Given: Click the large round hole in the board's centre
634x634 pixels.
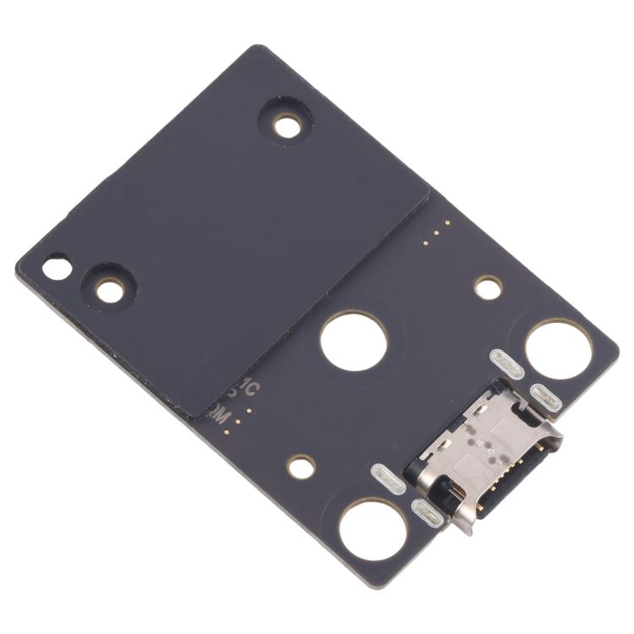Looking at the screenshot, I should pyautogui.click(x=354, y=341).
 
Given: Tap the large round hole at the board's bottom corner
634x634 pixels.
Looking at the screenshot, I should pyautogui.click(x=373, y=529).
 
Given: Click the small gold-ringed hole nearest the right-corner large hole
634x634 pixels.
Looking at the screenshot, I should pyautogui.click(x=488, y=287).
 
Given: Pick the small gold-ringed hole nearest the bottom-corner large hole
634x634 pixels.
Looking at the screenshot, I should pyautogui.click(x=301, y=465).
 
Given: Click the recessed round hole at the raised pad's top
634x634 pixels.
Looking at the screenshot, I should pyautogui.click(x=287, y=127).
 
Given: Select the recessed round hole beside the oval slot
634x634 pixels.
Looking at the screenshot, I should pyautogui.click(x=109, y=291).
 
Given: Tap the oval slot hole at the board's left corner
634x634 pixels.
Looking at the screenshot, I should pyautogui.click(x=57, y=269).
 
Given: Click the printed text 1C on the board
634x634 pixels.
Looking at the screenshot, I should pyautogui.click(x=248, y=391).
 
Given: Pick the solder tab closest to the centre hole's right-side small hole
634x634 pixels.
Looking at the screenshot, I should pyautogui.click(x=507, y=364).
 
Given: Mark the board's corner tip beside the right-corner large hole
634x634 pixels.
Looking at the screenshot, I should pyautogui.click(x=615, y=343).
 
